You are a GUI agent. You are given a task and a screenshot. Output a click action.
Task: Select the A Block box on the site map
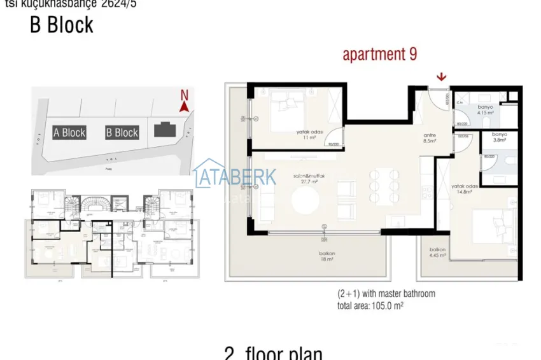(x=69, y=132)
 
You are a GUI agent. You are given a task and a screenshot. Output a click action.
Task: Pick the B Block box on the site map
(x=122, y=132)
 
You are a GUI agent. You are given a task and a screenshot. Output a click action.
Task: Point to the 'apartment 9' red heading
(x=380, y=54)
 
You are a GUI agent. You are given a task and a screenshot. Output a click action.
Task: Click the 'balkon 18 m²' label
(x=327, y=256)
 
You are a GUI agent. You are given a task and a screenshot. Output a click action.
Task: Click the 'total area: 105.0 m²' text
(x=370, y=305)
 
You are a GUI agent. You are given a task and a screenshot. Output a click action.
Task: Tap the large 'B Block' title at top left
(x=61, y=25)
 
